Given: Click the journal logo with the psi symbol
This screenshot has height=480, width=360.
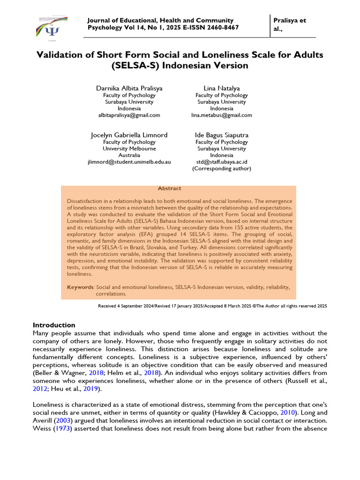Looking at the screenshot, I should pos(52,28).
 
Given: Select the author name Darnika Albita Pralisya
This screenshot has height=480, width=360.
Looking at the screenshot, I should pos(129,88).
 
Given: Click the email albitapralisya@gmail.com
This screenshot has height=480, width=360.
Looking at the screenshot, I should pos(129,115).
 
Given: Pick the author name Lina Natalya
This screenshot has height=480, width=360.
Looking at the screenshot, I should pos(222,88).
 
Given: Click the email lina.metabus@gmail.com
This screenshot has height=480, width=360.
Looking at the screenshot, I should pos(222,115).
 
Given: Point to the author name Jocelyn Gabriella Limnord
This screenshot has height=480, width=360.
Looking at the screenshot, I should pos(129,135).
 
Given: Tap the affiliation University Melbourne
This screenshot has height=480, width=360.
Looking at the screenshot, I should pos(129,149).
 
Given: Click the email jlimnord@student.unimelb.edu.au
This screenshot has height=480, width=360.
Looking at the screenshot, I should pos(129,162).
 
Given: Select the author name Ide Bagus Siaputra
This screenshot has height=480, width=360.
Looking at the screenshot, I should pos(222,135).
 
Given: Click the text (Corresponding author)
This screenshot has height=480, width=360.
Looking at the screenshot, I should pos(222,168).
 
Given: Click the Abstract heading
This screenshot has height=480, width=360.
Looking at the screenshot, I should pos(169,188).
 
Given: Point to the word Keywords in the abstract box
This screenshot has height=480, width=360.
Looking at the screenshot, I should pos(80,287).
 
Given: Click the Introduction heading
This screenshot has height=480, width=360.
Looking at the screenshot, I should pos(54,325).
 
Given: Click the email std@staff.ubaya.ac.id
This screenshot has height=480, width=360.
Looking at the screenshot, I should pos(222,162).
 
